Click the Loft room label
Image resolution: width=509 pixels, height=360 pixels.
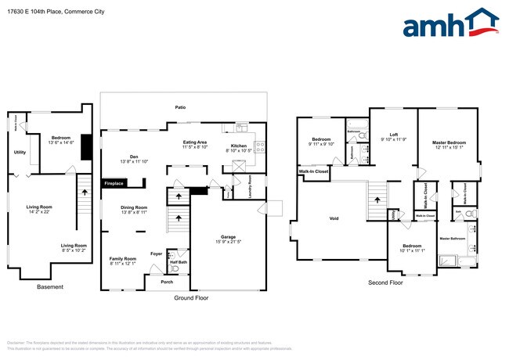point(388,136)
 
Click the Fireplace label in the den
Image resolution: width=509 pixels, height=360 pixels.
point(114,184)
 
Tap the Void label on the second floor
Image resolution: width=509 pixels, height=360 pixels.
point(334,219)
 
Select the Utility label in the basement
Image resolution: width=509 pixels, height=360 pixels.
point(20,153)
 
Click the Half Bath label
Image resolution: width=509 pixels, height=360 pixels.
point(178,261)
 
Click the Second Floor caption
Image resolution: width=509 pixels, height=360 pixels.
point(385,283)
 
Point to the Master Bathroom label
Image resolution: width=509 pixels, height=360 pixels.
point(453,238)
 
